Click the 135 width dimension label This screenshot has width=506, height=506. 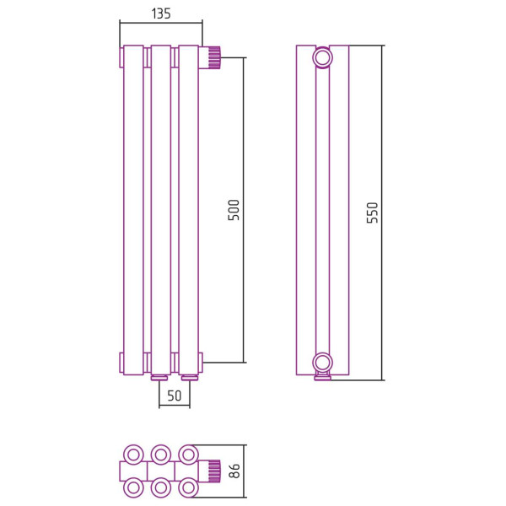point(161,13)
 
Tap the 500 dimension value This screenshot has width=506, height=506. point(234,210)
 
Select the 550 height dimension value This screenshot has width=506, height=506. point(372,213)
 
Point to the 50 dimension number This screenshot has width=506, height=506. point(175,396)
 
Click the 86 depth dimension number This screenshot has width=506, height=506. point(234,471)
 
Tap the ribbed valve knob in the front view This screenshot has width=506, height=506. point(213,57)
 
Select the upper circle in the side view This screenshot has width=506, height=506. point(322,57)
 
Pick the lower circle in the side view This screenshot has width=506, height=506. point(322,363)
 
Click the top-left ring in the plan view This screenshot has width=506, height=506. point(133,455)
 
